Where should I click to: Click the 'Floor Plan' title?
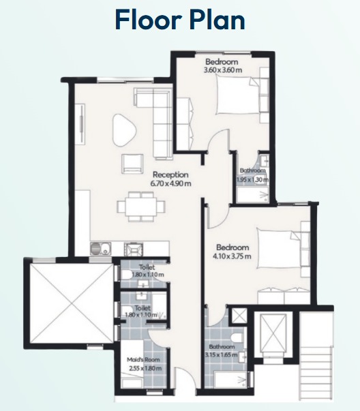click(x=180, y=20)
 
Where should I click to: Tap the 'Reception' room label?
click(x=170, y=174)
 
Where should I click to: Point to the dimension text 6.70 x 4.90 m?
click(x=170, y=183)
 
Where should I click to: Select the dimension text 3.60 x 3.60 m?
click(x=223, y=70)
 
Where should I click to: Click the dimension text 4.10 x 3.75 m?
click(x=232, y=256)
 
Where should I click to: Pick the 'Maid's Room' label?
click(x=143, y=359)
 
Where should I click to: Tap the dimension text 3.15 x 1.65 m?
click(x=221, y=355)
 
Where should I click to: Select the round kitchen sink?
click(x=96, y=249)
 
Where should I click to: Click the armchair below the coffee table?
click(x=132, y=164)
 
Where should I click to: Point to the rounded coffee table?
click(x=124, y=130)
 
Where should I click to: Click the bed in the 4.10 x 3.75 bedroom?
click(x=278, y=249)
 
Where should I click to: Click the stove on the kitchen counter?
click(x=134, y=249)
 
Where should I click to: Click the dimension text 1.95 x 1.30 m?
click(x=252, y=180)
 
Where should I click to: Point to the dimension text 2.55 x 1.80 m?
click(x=145, y=368)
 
